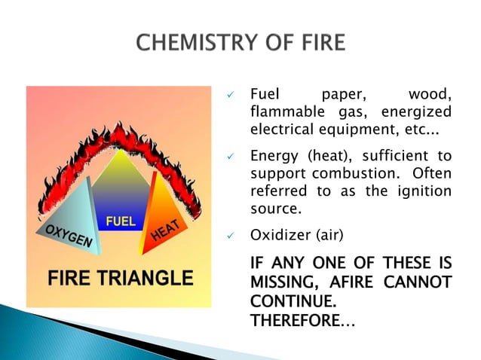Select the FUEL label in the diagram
click(121, 222)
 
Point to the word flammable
click(280, 113)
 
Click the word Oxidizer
click(278, 236)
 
